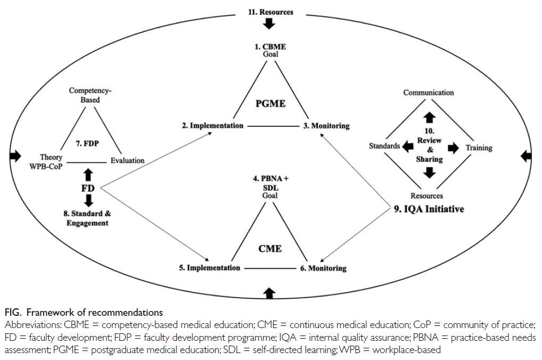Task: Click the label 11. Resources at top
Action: click(270, 12)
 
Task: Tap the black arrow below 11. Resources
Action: click(269, 24)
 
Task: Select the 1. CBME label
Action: click(270, 47)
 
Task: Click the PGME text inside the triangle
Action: click(270, 103)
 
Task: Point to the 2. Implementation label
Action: click(212, 126)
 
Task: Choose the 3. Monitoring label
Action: click(326, 126)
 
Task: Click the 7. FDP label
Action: click(87, 143)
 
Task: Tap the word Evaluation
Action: click(128, 160)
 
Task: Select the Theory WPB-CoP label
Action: click(46, 162)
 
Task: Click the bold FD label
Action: click(88, 189)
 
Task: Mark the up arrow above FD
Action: click(88, 175)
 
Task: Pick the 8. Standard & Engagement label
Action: click(87, 218)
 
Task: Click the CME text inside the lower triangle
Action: click(270, 249)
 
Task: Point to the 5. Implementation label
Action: click(209, 268)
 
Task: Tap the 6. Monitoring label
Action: click(323, 268)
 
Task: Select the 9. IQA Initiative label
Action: click(429, 209)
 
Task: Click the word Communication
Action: click(429, 93)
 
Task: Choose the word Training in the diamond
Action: click(479, 148)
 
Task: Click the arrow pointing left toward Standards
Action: click(408, 146)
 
